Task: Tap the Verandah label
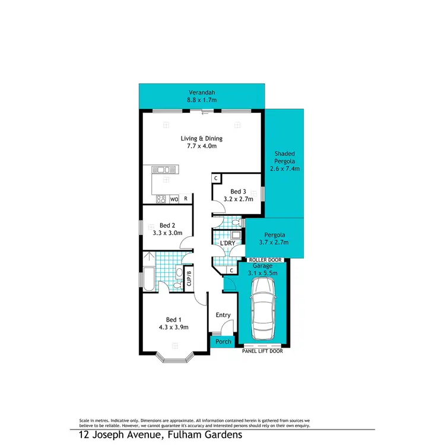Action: [202, 93]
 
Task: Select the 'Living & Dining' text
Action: [202, 138]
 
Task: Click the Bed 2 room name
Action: [168, 225]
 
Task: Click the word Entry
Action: [223, 314]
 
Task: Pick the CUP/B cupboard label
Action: [189, 279]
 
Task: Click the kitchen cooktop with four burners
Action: [161, 199]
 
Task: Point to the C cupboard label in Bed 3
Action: [217, 178]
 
